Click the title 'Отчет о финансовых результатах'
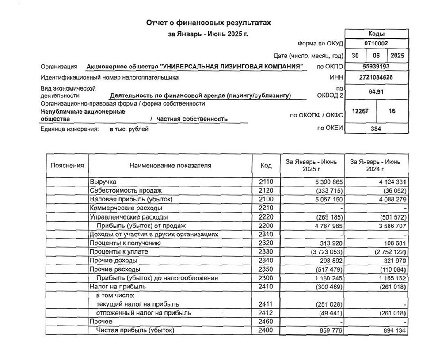pyautogui.click(x=208, y=23)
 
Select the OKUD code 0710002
pyautogui.click(x=376, y=43)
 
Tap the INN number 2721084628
pyautogui.click(x=376, y=77)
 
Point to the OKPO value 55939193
pyautogui.click(x=376, y=66)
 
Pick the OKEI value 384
pyautogui.click(x=376, y=129)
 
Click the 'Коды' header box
pyautogui.click(x=376, y=34)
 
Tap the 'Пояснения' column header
pyautogui.click(x=67, y=166)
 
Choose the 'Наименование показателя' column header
pyautogui.click(x=170, y=166)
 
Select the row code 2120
pyautogui.click(x=266, y=190)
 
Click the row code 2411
pyautogui.click(x=266, y=304)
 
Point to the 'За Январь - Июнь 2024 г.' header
pyautogui.click(x=375, y=166)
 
